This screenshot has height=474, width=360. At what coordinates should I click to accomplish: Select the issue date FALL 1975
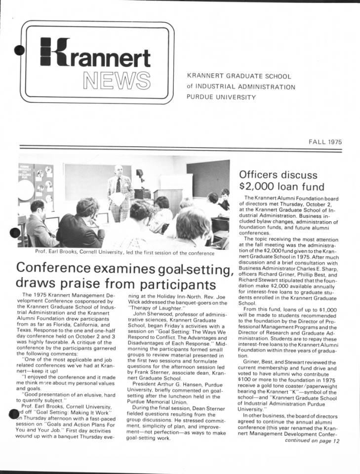pyautogui.click(x=325, y=142)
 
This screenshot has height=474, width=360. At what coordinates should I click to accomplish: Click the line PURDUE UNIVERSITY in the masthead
pyautogui.click(x=221, y=97)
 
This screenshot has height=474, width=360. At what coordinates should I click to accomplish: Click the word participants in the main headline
pyautogui.click(x=179, y=285)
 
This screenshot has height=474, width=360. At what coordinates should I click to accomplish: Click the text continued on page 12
pyautogui.click(x=312, y=441)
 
